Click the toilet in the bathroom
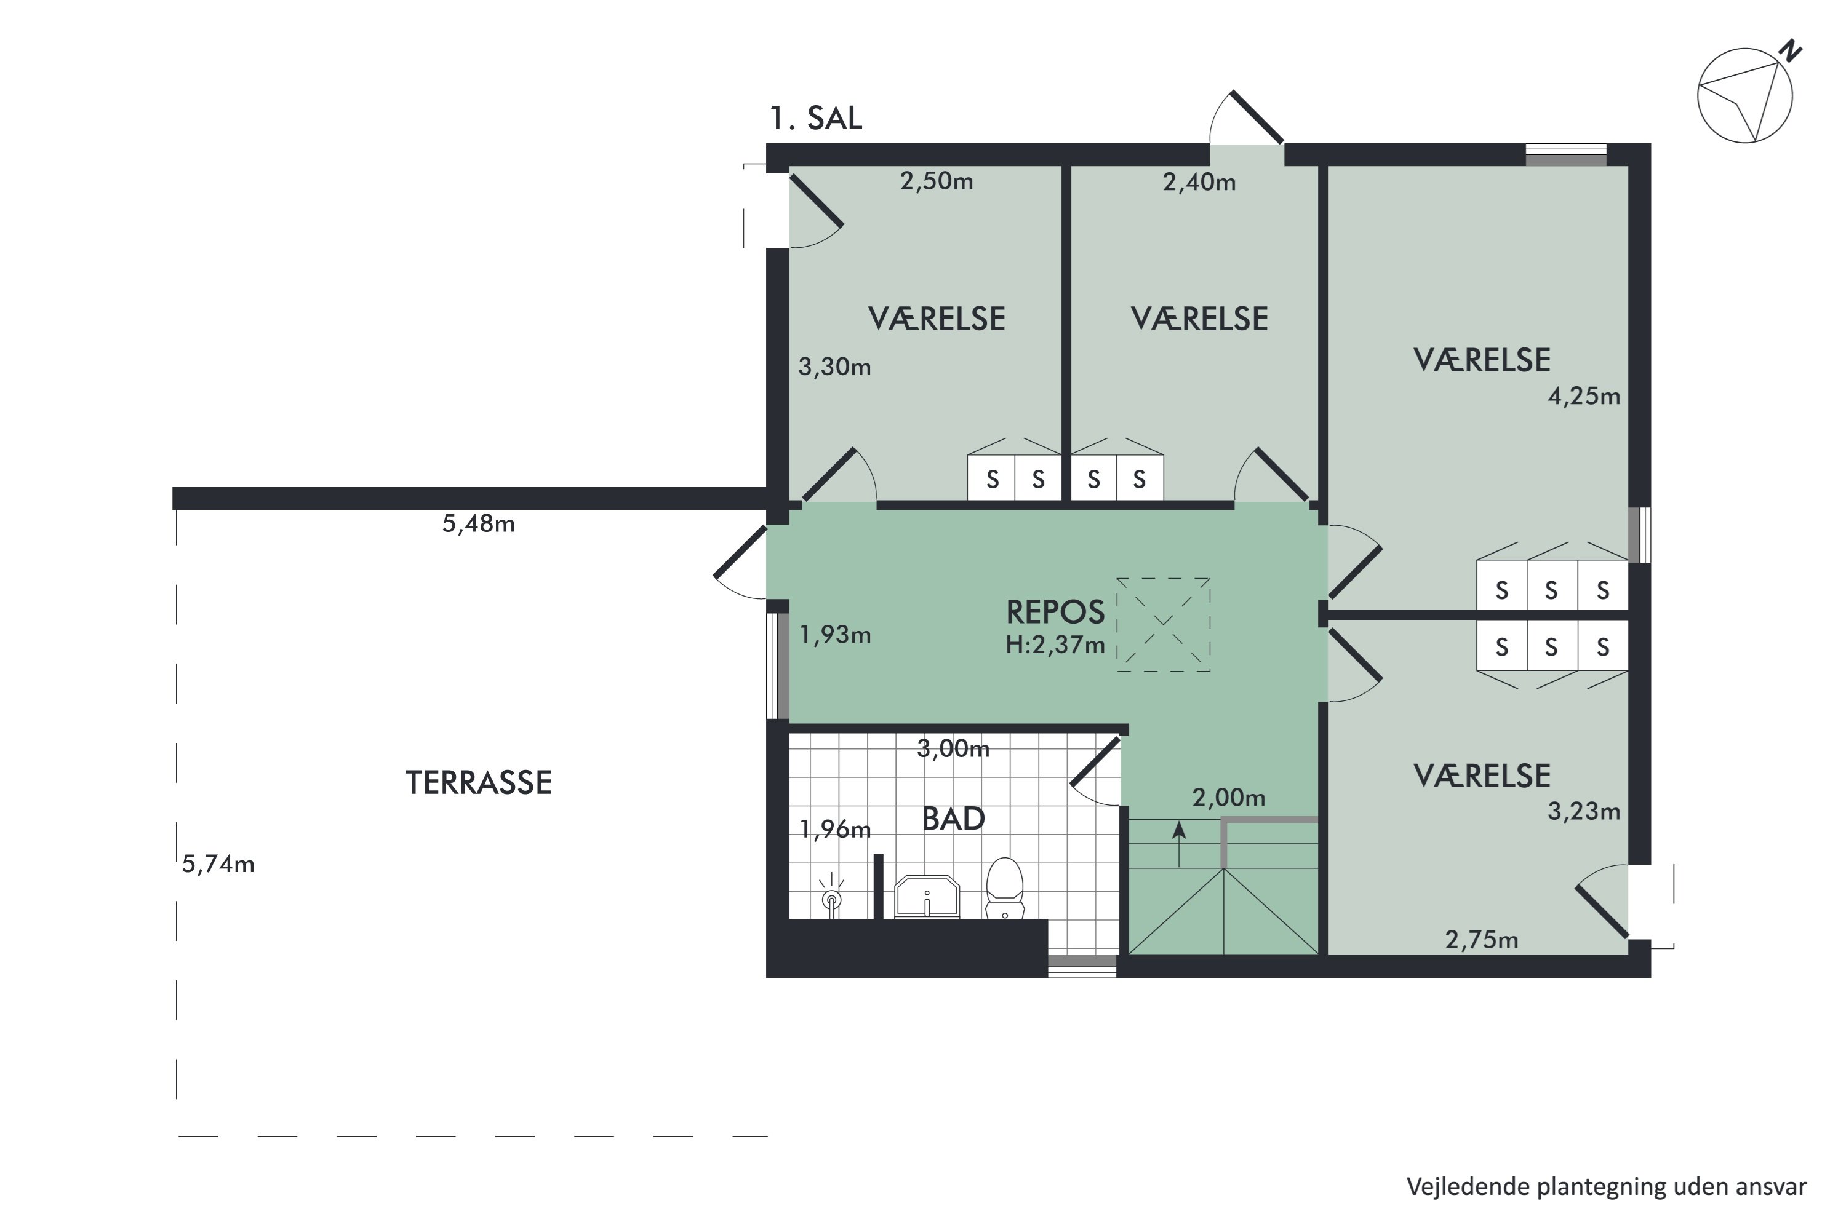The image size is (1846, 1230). click(1005, 888)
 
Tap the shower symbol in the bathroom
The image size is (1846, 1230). click(831, 897)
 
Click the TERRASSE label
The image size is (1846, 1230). click(478, 783)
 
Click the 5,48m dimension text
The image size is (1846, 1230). click(478, 524)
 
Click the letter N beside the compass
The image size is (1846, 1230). click(1789, 51)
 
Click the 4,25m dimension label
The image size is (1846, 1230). click(1584, 396)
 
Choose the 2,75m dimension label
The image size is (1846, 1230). click(1482, 940)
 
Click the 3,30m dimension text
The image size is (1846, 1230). click(834, 367)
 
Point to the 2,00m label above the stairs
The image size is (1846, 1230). click(1228, 798)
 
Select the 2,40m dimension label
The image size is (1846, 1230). click(1199, 183)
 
